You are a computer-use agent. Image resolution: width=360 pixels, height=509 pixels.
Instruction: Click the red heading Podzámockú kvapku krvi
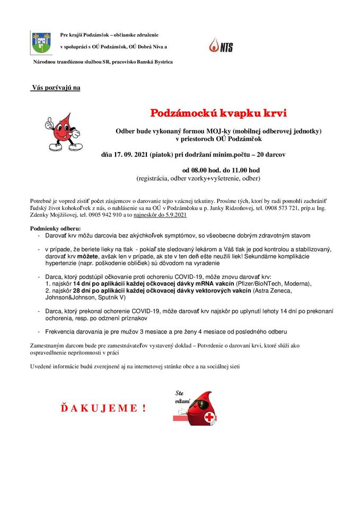[x=218, y=113]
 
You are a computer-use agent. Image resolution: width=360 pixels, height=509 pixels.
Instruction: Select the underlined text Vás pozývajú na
[x=56, y=87]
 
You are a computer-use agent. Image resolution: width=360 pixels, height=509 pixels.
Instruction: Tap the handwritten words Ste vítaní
[x=183, y=396]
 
